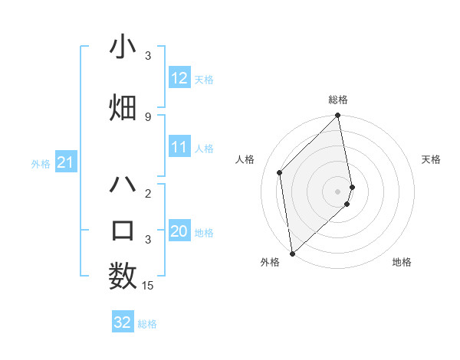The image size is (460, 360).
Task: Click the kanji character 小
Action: (x=123, y=48)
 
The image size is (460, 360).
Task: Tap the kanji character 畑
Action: (x=123, y=108)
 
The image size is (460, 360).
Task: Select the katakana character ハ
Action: (x=123, y=184)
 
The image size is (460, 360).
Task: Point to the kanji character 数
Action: (x=123, y=276)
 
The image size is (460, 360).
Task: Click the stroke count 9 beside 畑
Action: (x=148, y=116)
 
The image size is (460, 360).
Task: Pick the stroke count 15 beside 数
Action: (x=148, y=286)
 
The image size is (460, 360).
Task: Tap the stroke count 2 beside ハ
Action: (x=148, y=193)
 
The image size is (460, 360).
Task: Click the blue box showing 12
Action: (x=179, y=78)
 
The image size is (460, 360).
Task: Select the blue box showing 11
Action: (x=179, y=147)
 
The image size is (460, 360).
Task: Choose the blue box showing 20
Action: (x=179, y=231)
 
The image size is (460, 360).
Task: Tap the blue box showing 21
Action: (x=66, y=162)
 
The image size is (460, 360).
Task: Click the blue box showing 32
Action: (x=123, y=322)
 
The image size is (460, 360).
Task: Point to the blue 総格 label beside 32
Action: (x=147, y=324)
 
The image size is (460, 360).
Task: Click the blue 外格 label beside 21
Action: (x=41, y=163)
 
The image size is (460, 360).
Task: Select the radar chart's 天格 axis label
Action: (x=431, y=159)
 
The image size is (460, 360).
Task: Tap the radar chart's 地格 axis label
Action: (x=402, y=262)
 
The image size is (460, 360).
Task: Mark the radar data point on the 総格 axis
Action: (x=337, y=116)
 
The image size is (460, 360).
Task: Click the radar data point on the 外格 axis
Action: (x=292, y=253)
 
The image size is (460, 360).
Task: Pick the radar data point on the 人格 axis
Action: (x=280, y=172)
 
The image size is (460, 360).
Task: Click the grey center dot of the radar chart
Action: (x=337, y=191)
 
